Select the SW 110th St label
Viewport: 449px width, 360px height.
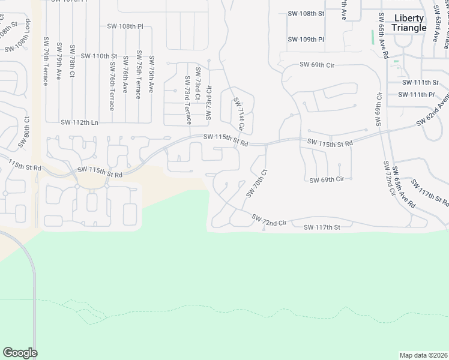pyautogui.click(x=96, y=56)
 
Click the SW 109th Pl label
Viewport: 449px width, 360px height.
pyautogui.click(x=306, y=40)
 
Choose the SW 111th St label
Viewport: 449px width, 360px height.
pyautogui.click(x=421, y=83)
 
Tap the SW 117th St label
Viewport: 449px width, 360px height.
pyautogui.click(x=322, y=227)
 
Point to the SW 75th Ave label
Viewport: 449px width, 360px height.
pyautogui.click(x=152, y=74)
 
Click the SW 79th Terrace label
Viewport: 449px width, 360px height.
pyautogui.click(x=46, y=62)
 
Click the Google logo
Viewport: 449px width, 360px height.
pyautogui.click(x=20, y=353)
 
